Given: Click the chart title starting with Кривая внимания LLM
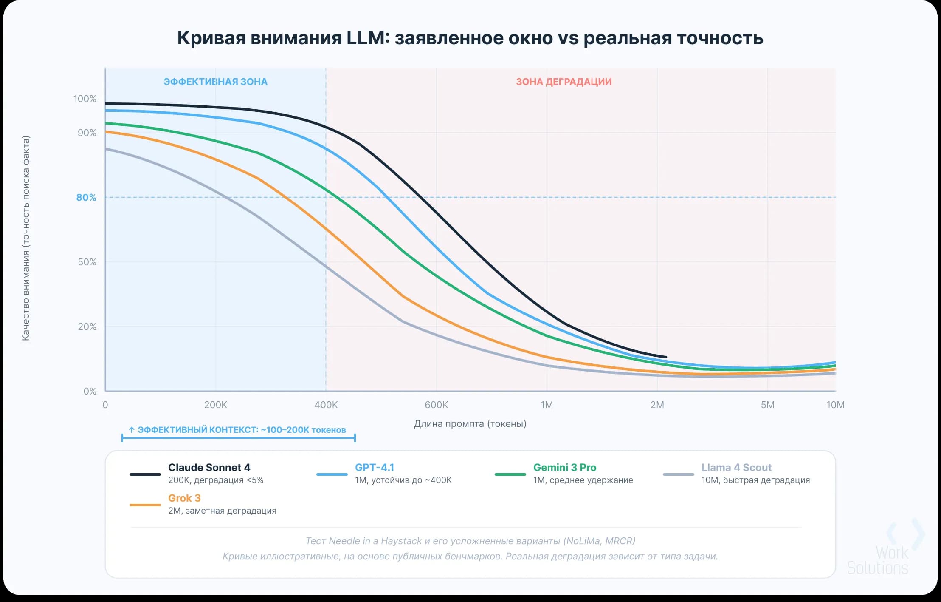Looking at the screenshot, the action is [x=470, y=38].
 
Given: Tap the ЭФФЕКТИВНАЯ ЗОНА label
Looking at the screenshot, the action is [x=216, y=82].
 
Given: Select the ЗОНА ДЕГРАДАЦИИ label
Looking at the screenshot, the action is [x=564, y=82].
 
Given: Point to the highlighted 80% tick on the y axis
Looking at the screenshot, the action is [x=86, y=197].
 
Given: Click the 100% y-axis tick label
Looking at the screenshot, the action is [x=85, y=99].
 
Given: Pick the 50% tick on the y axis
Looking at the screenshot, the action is [x=87, y=262].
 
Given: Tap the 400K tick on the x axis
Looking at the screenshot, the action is [x=326, y=405].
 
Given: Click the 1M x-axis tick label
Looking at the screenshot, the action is [x=547, y=405].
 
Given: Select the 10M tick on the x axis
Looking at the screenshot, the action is [x=835, y=405].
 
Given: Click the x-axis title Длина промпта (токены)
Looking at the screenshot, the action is [x=470, y=423].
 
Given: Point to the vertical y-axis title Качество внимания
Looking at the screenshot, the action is [x=26, y=238].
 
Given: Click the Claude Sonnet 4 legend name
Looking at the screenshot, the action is [x=209, y=467].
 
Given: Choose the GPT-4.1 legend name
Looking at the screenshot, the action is [x=375, y=467].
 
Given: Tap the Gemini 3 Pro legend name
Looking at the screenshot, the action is [x=565, y=467].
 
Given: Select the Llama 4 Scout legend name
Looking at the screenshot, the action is [x=736, y=467].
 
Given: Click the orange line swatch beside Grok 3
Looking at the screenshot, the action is [x=145, y=505].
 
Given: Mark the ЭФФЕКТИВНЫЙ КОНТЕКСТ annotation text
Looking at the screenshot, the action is [x=237, y=430].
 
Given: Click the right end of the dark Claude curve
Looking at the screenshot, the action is [x=666, y=357].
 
